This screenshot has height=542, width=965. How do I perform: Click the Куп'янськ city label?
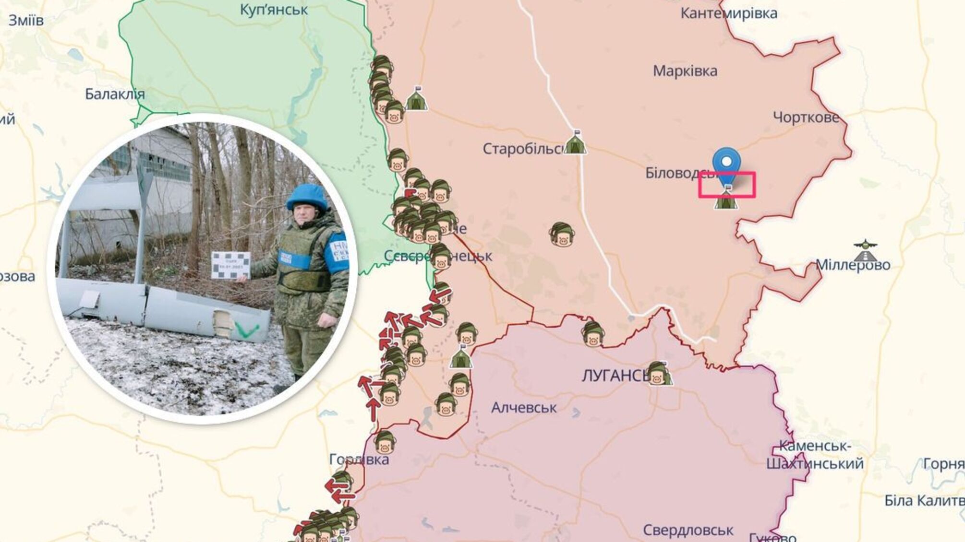[274, 10]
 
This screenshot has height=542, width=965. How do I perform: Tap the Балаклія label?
[115, 94]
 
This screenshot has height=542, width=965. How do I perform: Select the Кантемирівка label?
[729, 13]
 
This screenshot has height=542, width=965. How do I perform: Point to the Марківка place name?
[685, 71]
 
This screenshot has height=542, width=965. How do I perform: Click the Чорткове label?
[806, 117]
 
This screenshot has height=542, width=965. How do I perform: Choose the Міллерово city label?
[853, 265]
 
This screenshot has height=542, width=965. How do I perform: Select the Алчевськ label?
[524, 408]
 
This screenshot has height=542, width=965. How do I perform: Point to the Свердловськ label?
[688, 530]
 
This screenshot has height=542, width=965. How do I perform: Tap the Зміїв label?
[26, 20]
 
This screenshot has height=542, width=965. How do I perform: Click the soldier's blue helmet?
[306, 197]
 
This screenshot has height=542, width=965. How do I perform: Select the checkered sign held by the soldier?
[230, 265]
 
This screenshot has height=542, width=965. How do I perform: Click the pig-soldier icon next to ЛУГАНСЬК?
[659, 374]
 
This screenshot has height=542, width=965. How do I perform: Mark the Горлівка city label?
[359, 459]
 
